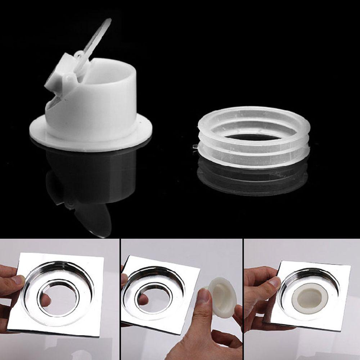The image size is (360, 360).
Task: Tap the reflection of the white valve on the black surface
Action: click(x=90, y=184)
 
